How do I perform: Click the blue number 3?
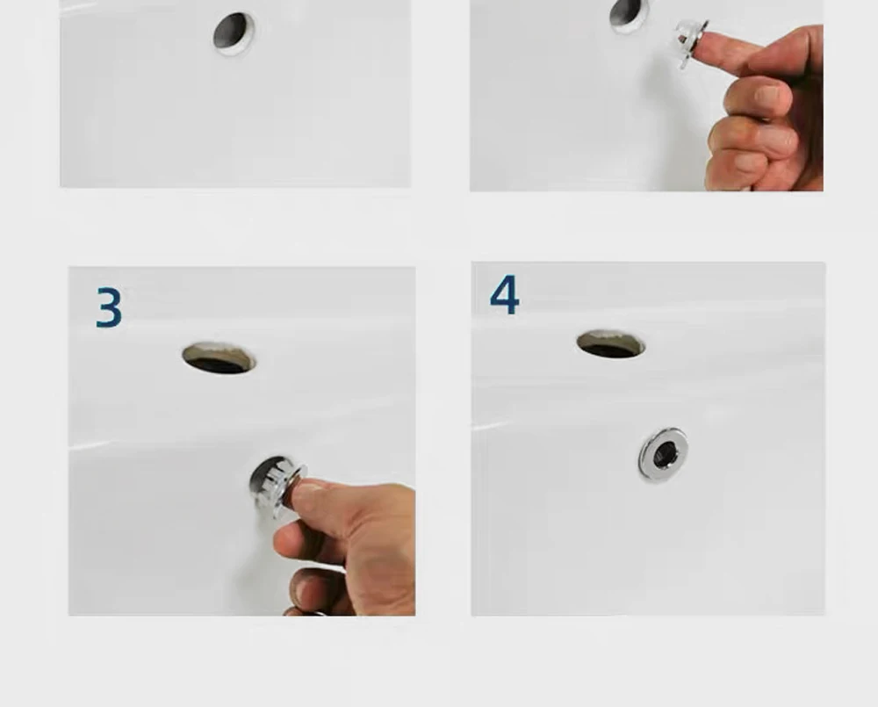tap(109, 307)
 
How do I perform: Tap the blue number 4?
tap(504, 294)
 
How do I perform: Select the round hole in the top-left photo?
tap(234, 33)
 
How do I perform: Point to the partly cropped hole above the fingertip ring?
tap(629, 13)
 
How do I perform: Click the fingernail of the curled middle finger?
tap(766, 94)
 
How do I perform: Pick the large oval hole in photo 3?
tap(219, 358)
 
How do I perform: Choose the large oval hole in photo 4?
tap(611, 343)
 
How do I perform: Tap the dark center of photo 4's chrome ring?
tap(665, 453)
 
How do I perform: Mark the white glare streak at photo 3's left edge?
tap(90, 446)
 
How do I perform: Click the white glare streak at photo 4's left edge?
tap(491, 427)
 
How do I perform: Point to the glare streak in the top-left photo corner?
tap(78, 8)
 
